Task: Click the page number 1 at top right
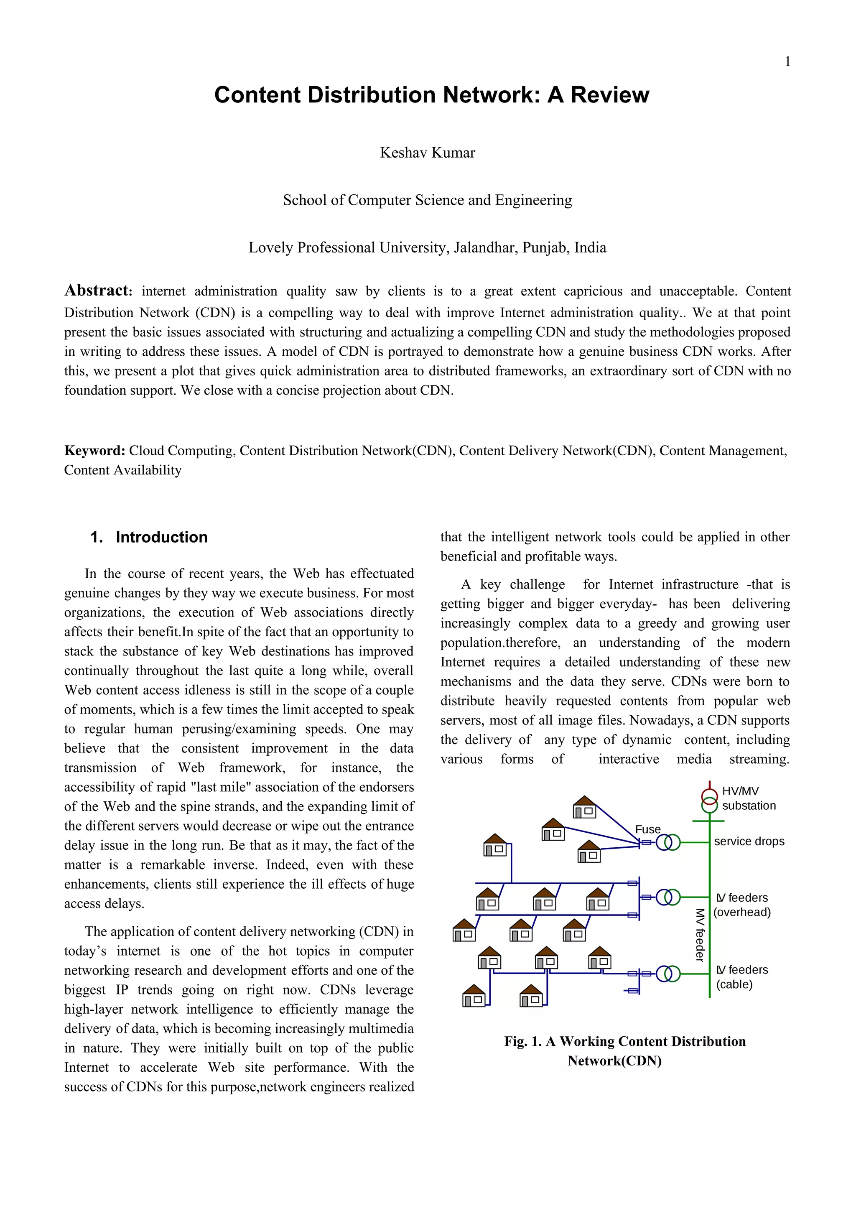tap(787, 62)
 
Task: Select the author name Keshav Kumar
tap(427, 153)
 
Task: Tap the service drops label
tap(749, 841)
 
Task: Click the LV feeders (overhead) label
tap(742, 905)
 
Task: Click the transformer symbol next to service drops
tap(668, 842)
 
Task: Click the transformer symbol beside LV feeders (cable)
tap(668, 974)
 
